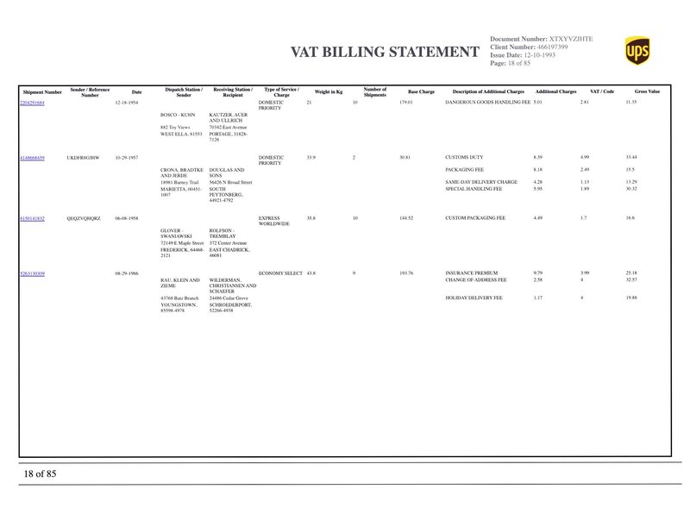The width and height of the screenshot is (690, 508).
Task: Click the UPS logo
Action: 637,50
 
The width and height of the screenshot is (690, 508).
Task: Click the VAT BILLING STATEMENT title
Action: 386,53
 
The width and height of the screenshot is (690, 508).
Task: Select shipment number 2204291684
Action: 32,102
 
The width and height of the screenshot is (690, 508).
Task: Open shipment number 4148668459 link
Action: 32,158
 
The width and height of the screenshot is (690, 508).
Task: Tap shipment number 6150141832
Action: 32,219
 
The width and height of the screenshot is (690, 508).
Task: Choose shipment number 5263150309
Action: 32,273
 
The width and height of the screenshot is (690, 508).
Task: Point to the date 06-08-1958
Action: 127,219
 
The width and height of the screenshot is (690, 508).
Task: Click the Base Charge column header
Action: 421,91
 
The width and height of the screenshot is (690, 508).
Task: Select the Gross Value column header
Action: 647,91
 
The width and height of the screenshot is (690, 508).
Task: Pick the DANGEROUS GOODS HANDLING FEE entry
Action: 487,102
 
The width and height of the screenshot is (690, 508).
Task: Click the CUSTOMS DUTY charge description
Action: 464,158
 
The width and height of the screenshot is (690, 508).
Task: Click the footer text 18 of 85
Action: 40,474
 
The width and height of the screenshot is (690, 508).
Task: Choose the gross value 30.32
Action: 631,189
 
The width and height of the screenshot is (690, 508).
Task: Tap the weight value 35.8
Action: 312,219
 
